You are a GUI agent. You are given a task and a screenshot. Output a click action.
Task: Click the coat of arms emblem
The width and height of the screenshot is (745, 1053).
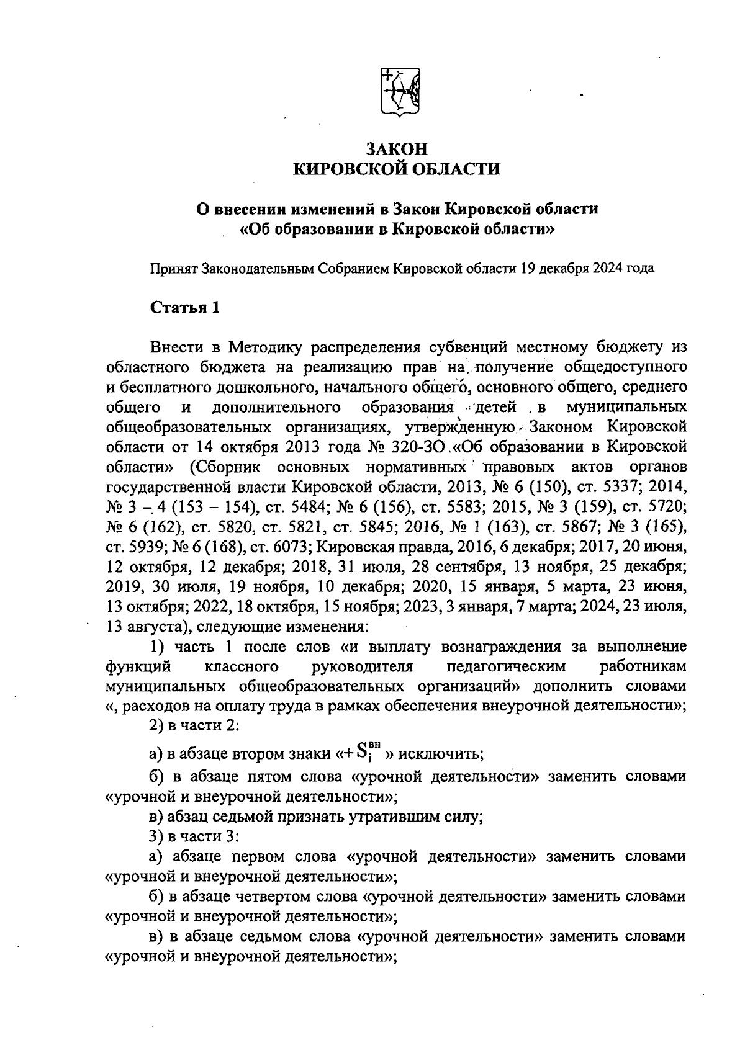pos(399,92)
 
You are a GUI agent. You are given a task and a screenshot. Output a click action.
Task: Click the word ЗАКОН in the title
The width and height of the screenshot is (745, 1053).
pos(397,150)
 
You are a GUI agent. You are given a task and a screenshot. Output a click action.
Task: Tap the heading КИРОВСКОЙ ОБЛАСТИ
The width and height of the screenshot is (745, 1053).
pos(397,169)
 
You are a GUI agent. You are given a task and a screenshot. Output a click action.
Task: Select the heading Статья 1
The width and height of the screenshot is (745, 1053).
pos(185,308)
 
